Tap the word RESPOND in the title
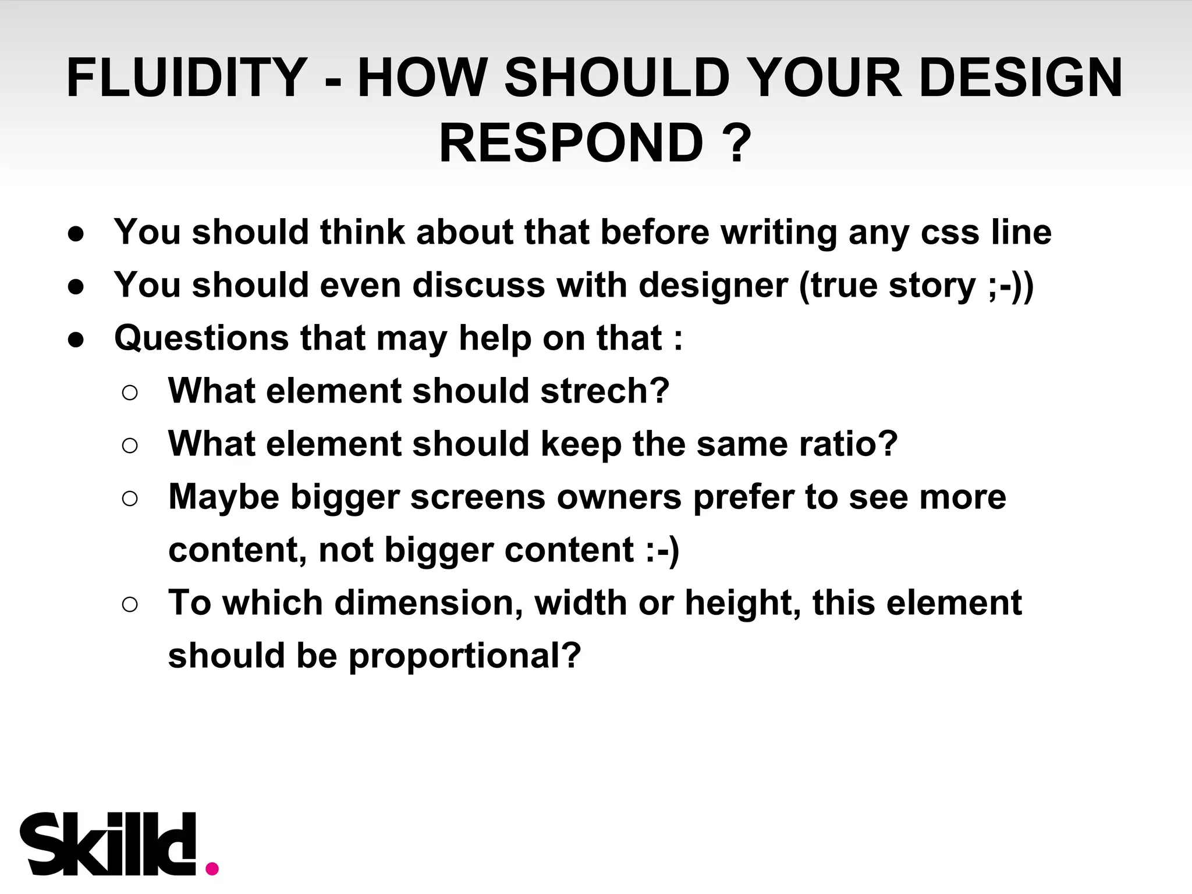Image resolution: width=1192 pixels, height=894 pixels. point(570,143)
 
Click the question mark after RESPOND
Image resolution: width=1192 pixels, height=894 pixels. point(736,143)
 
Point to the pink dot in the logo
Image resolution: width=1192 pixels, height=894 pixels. point(212,868)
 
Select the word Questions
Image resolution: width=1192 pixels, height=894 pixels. point(201,338)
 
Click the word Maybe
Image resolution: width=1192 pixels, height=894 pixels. point(224,497)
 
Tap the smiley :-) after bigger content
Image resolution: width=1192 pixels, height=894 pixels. point(662,550)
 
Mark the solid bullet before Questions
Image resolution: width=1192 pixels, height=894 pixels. point(76,339)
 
